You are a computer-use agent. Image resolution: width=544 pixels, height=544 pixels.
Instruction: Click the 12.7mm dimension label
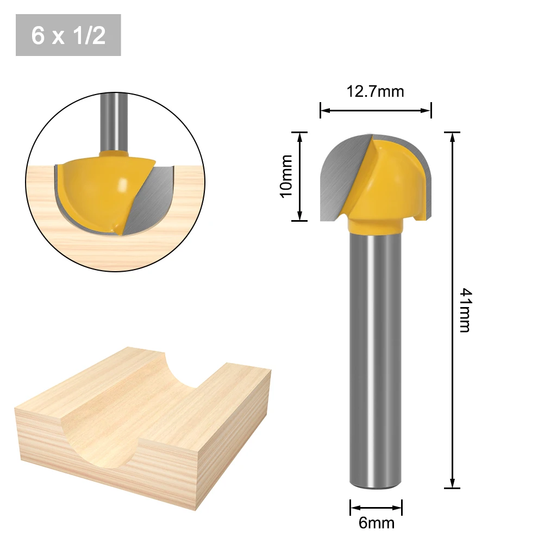pos(376,92)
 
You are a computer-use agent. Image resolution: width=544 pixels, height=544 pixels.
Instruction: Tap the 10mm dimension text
pos(286,176)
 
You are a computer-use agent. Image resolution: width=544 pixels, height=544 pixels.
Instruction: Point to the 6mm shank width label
pos(377,522)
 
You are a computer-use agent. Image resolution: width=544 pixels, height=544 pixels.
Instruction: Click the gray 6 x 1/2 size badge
pos(68,35)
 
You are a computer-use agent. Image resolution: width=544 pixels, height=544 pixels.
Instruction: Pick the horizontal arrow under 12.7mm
pos(376,111)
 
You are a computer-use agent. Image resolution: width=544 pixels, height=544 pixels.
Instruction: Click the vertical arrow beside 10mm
pos(300,176)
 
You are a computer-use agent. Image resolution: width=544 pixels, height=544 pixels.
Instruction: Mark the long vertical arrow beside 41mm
pos(452,310)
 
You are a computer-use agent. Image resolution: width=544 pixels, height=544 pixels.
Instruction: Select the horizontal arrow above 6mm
pos(376,508)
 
